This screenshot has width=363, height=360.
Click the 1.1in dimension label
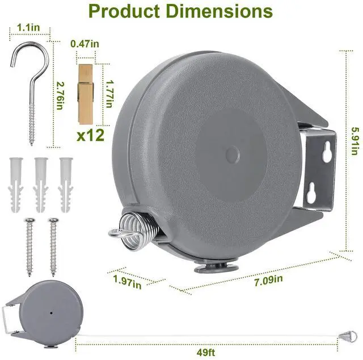pos(28,28)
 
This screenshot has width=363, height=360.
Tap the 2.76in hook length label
pos(60,96)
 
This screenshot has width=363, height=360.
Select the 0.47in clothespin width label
pos(85,44)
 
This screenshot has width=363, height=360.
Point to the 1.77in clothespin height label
pos(109,94)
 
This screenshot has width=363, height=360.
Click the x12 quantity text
pos(91,135)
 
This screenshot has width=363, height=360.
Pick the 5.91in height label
pos(356,141)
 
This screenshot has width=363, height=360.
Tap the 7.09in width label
pos(268,281)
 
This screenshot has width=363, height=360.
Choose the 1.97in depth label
pos(127,282)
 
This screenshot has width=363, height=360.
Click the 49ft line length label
pos(206,353)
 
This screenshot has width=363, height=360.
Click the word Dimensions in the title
pos(220,11)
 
